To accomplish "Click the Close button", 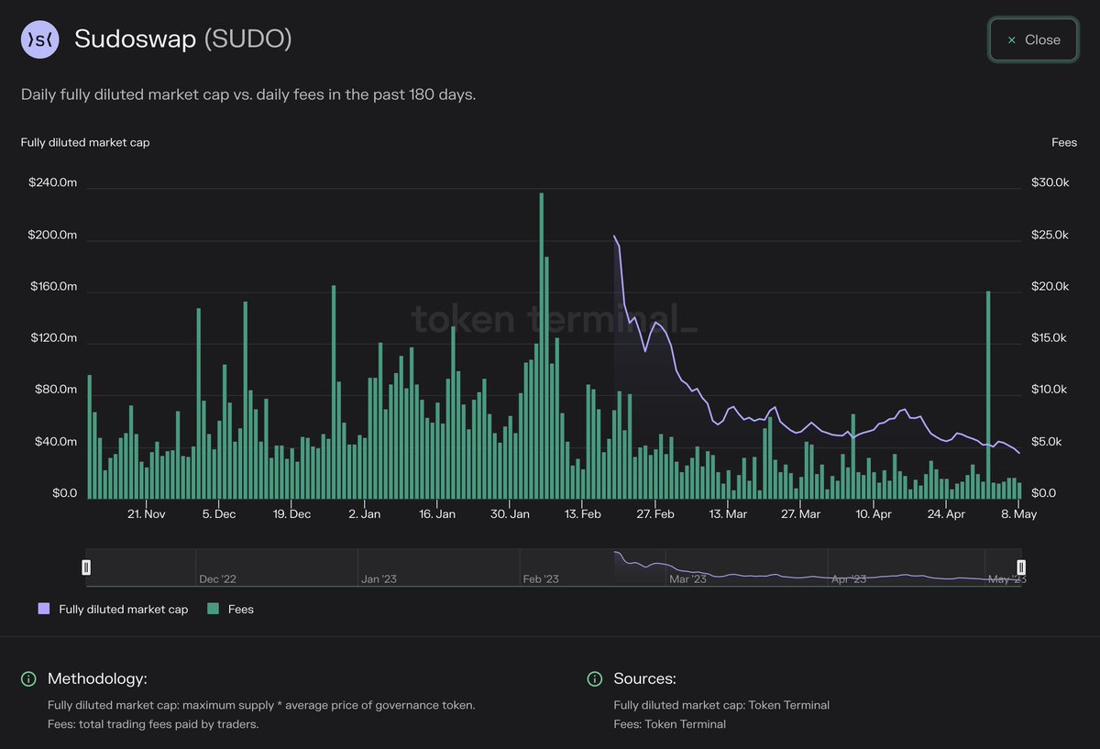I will pos(1033,40).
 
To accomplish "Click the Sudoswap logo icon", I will pos(39,39).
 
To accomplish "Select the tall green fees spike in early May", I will pos(988,394).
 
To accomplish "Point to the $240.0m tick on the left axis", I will pos(53,182).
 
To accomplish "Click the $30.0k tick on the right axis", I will pos(1050,182).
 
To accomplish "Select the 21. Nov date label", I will pos(146,514).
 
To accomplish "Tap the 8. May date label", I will pos(1018,514).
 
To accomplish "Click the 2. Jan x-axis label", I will pos(365,514).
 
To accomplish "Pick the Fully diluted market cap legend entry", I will pos(113,609).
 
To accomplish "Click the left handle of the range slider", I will pos(86,567).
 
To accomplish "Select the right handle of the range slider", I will pos(1021,567).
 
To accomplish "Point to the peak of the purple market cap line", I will pos(614,237).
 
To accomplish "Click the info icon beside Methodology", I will pos(28,678).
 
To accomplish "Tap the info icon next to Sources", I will pos(595,678).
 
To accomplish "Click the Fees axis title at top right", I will pos(1063,142).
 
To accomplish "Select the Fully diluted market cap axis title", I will pos(85,142).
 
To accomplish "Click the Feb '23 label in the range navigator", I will pos(540,578).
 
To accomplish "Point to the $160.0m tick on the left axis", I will pos(53,286).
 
